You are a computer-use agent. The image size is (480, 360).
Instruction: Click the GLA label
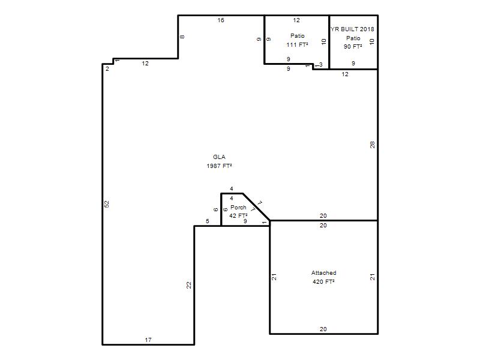point(219,157)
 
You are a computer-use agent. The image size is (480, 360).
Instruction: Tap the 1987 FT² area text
point(219,166)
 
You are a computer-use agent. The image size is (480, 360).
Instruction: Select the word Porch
point(238,207)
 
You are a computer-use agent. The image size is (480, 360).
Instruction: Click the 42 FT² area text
point(238,216)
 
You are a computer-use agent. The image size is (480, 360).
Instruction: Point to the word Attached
point(323,273)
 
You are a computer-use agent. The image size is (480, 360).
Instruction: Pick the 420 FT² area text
point(323,281)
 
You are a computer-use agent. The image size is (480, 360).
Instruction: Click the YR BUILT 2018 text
point(352,29)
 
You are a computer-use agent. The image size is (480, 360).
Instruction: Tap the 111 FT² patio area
point(297,44)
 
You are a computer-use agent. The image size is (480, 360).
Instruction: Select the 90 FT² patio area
point(353,47)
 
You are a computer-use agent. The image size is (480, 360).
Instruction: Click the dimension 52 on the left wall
point(107,204)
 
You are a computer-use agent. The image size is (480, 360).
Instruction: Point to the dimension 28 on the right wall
point(372,145)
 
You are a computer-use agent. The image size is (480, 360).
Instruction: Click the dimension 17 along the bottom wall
point(148,340)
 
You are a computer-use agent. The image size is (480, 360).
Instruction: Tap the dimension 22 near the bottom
point(189,285)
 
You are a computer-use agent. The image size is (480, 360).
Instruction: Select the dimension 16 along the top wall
point(221,20)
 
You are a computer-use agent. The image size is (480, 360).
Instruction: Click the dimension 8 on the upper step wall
point(182,37)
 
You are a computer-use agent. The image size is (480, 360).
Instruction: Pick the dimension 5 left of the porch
point(208,221)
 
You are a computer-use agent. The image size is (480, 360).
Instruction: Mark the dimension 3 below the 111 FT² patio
point(321,65)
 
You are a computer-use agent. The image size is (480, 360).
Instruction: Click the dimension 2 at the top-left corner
point(107,69)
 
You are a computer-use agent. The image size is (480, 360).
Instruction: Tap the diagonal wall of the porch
point(257,207)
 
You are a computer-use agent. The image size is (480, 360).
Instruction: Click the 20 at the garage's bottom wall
point(323,329)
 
